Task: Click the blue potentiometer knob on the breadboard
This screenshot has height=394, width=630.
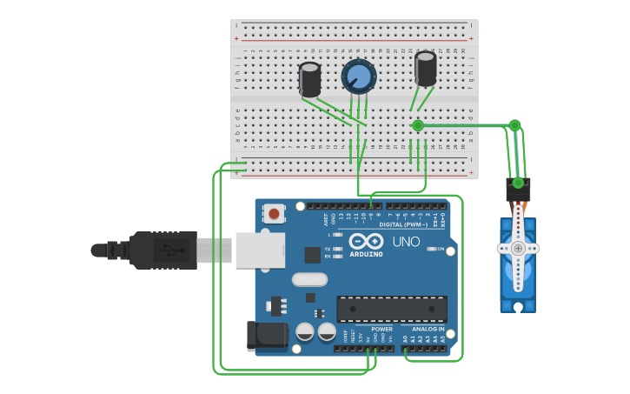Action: point(358,77)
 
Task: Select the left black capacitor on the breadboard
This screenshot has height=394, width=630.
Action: point(309,79)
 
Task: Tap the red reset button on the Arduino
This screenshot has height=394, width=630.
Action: point(275,213)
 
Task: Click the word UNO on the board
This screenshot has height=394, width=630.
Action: point(406,242)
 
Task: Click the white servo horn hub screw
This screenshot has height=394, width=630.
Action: point(518,249)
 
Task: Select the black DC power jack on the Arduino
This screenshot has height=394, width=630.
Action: point(266,337)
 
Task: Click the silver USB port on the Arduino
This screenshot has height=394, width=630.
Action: point(261,250)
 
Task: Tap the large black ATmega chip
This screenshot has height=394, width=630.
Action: point(392,309)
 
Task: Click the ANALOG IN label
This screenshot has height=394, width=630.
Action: point(428,330)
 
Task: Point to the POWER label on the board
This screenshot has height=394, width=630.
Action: point(381,330)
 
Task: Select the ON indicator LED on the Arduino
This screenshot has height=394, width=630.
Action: point(432,250)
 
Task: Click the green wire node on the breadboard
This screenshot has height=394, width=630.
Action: point(418,126)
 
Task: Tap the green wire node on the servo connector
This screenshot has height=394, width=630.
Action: point(518,183)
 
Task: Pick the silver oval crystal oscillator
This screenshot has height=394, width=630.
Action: point(309,279)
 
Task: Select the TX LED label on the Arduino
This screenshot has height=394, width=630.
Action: point(328,249)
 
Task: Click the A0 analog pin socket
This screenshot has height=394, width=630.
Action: point(405,349)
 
